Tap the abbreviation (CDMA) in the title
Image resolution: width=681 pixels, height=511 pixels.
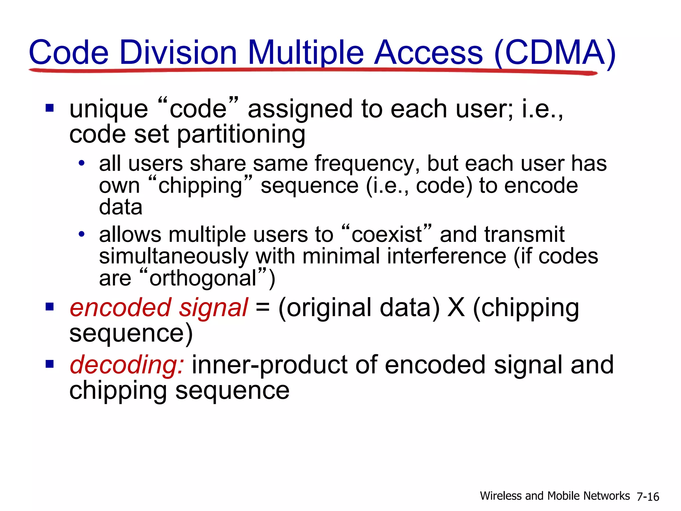[x=555, y=53]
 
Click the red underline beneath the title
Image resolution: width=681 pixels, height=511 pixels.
[x=313, y=71]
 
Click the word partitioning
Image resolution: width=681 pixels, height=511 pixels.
[x=241, y=134]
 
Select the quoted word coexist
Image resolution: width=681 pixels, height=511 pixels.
[x=386, y=235]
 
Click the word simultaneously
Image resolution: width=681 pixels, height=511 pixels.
[x=174, y=256]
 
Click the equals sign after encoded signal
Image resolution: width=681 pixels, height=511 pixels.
[x=262, y=308]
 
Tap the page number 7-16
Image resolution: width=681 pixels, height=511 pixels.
[x=647, y=497]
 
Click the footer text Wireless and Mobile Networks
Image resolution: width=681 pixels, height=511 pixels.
[x=555, y=496]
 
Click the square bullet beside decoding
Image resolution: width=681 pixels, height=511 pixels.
[x=50, y=364]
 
